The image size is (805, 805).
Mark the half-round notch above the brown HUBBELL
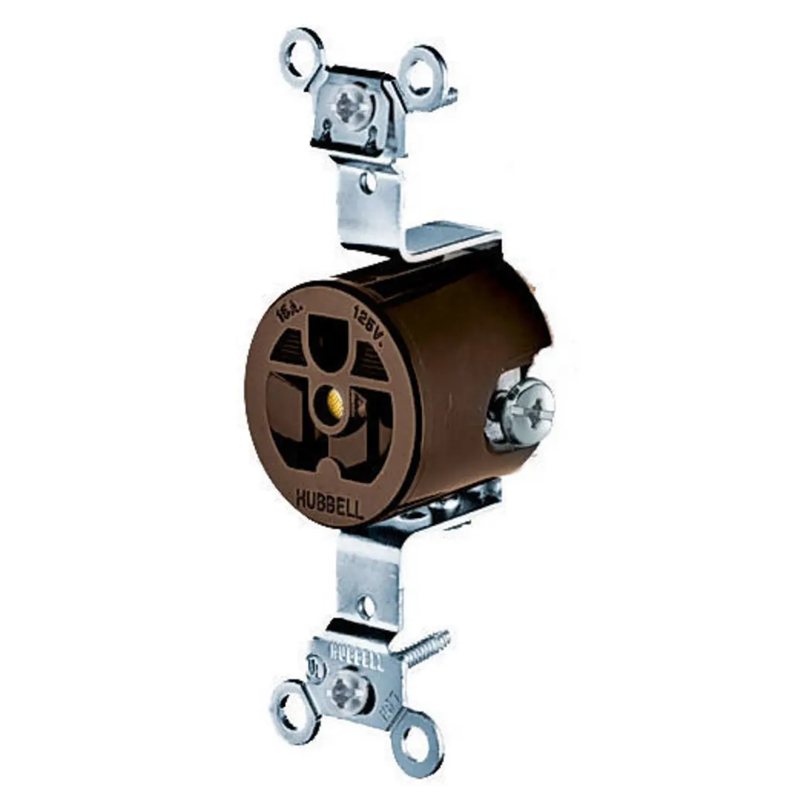click(328, 472)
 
